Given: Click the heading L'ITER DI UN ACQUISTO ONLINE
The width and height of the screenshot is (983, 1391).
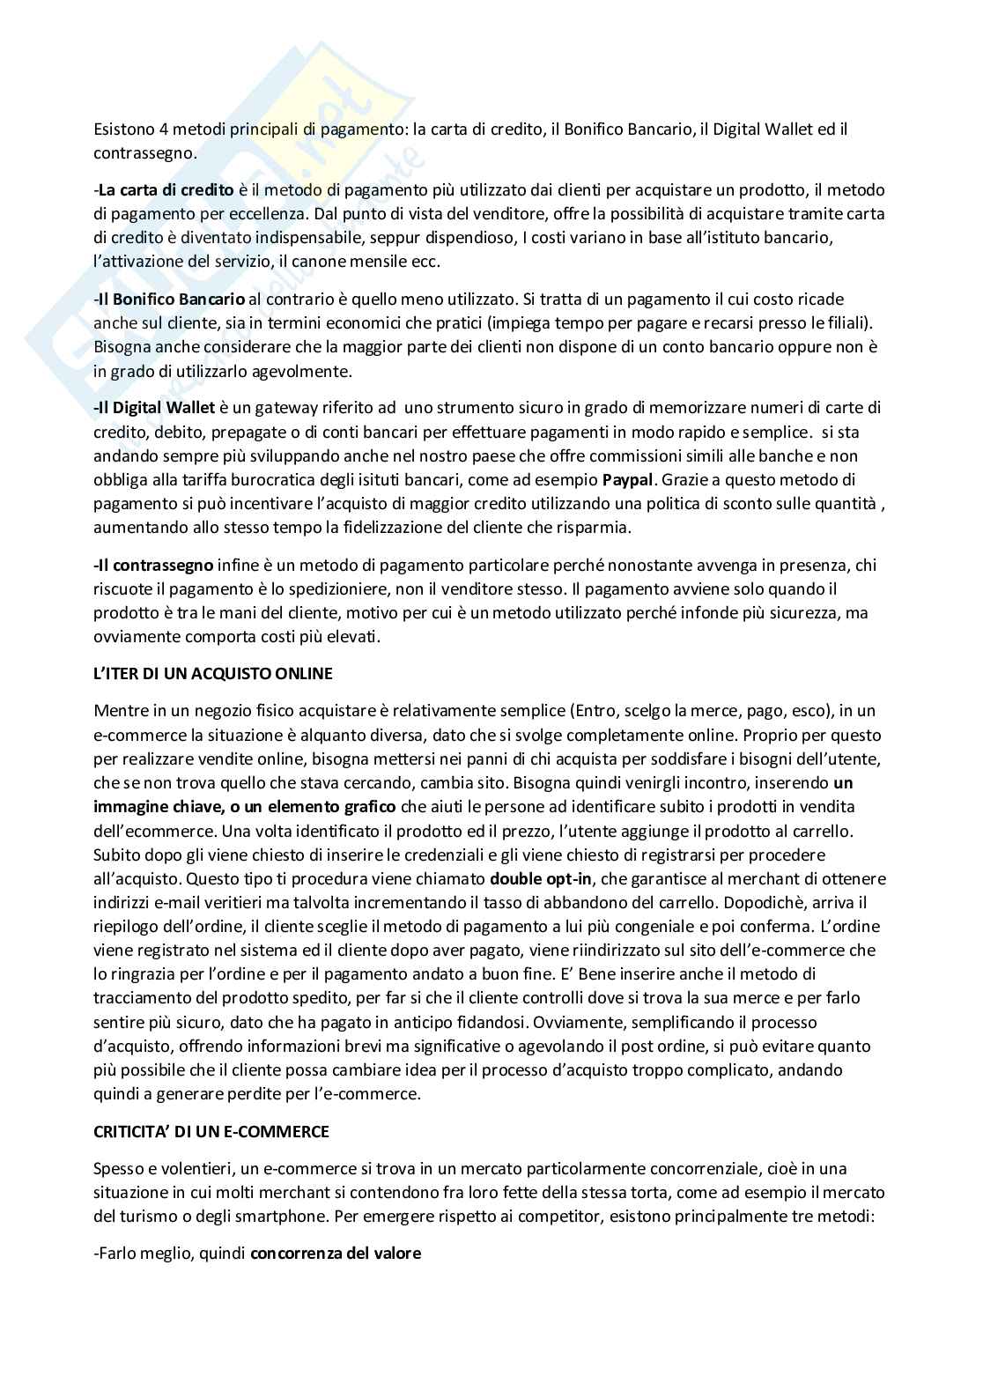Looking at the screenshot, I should coord(213,674).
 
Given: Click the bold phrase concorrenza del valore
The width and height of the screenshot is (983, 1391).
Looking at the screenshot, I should coord(336,1252).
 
